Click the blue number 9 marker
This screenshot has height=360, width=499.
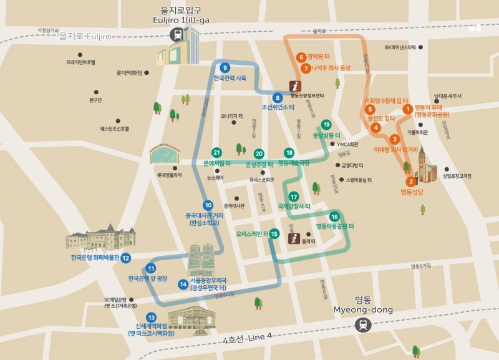[225, 68]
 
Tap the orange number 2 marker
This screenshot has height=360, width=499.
[410, 182]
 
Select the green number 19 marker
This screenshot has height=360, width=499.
[326, 125]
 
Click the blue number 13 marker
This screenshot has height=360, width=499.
[151, 317]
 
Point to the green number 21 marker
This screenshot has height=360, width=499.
[216, 153]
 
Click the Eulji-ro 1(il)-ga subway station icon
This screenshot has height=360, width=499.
[178, 34]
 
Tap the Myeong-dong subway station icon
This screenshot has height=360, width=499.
[362, 324]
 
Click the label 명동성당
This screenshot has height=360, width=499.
[412, 192]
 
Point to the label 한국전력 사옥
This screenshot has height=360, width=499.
[230, 79]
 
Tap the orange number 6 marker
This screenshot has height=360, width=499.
[301, 57]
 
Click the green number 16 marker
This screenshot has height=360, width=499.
[334, 216]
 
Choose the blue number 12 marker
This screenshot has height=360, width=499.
[126, 258]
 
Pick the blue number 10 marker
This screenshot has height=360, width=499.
[208, 205]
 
